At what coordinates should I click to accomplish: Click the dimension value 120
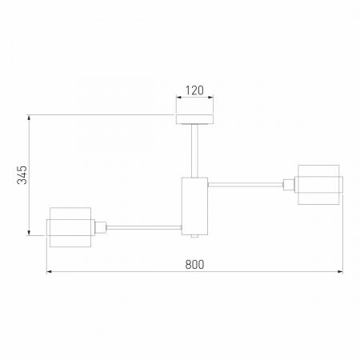click(194, 90)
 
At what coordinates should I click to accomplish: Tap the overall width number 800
click(194, 264)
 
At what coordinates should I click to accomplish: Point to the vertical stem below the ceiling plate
click(194, 150)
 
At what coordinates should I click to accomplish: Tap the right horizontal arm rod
click(246, 184)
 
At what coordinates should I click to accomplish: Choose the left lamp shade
click(69, 226)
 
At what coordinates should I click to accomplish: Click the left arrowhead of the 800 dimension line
click(50, 273)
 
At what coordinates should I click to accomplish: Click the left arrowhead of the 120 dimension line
click(178, 100)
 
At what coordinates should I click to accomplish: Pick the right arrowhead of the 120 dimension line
click(211, 100)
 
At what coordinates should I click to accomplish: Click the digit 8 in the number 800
click(187, 264)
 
